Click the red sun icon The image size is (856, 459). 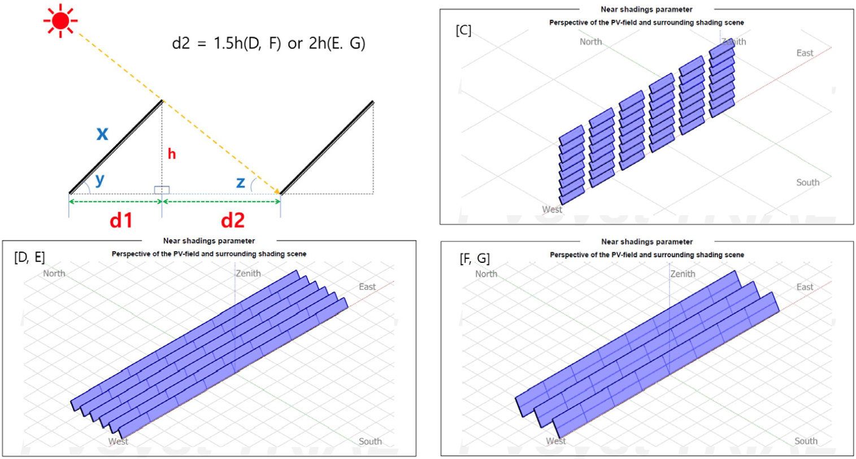60,21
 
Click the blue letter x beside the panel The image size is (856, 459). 102,134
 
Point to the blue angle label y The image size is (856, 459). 100,179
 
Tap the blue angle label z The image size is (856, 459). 240,183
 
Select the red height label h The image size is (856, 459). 172,154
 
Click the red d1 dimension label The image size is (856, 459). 121,220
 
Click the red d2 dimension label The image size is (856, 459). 233,220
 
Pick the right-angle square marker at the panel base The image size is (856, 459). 162,190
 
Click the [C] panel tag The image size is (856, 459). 463,30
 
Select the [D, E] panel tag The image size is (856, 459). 29,257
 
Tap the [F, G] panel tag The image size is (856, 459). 474,258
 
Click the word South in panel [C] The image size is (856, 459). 808,183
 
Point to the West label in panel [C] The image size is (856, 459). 552,210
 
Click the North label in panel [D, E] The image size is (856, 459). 54,274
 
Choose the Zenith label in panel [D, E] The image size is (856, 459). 249,274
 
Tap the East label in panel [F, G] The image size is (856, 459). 805,287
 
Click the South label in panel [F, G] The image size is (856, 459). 806,441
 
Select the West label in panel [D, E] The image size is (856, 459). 118,441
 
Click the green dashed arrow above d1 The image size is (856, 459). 115,201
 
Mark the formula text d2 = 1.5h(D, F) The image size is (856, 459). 227,43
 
